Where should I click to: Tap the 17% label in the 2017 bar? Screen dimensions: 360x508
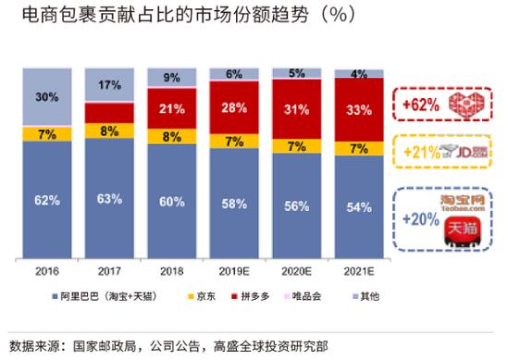click(x=109, y=85)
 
